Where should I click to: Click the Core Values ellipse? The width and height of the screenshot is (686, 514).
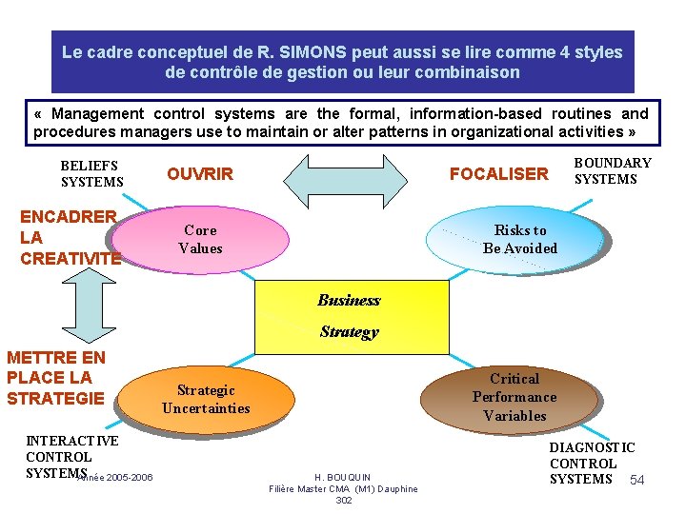pyautogui.click(x=202, y=240)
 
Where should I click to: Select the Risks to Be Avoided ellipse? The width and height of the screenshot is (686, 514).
pyautogui.click(x=519, y=240)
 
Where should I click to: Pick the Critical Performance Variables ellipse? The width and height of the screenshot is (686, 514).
pyautogui.click(x=514, y=397)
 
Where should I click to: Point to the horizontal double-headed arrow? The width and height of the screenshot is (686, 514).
pyautogui.click(x=342, y=175)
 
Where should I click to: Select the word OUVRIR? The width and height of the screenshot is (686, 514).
pyautogui.click(x=200, y=174)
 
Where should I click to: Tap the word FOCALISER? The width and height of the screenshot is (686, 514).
pyautogui.click(x=499, y=174)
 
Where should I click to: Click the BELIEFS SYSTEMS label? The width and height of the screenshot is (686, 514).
pyautogui.click(x=91, y=173)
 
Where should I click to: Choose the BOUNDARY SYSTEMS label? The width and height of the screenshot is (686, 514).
pyautogui.click(x=613, y=171)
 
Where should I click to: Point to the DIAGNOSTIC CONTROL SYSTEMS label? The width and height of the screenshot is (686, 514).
pyautogui.click(x=592, y=463)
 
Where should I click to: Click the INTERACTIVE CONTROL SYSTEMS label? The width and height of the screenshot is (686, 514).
pyautogui.click(x=72, y=456)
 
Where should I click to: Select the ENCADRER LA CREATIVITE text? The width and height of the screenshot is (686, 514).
pyautogui.click(x=70, y=237)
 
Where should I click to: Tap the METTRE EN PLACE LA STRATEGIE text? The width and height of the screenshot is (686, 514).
pyautogui.click(x=56, y=378)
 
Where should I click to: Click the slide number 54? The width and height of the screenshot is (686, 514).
pyautogui.click(x=637, y=480)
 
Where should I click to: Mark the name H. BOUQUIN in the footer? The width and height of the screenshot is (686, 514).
pyautogui.click(x=343, y=477)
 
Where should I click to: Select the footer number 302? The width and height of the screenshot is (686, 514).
pyautogui.click(x=344, y=500)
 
